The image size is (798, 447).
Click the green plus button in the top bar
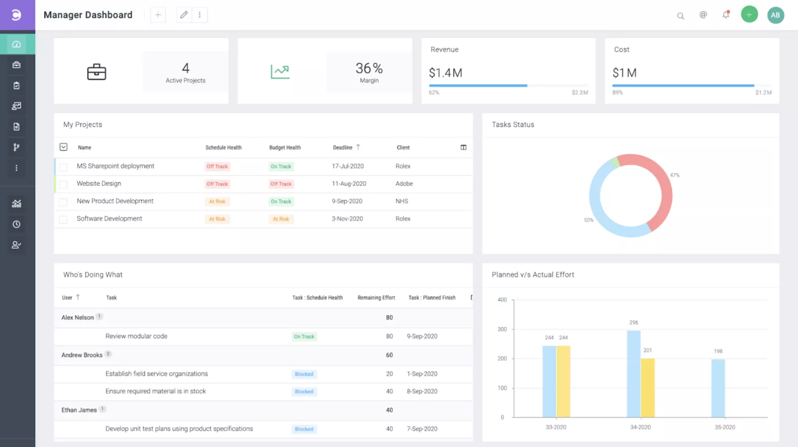tap(749, 15)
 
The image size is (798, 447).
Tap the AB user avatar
tap(775, 15)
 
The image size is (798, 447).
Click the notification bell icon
tap(726, 15)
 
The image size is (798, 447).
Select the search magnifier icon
tap(680, 16)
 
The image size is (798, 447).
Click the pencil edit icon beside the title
tap(184, 15)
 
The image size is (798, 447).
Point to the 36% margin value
tap(369, 68)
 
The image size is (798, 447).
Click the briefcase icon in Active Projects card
tap(97, 72)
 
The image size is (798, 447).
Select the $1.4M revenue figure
tap(445, 73)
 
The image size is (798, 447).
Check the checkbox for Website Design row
tap(63, 184)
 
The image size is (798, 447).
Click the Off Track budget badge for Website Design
tap(281, 184)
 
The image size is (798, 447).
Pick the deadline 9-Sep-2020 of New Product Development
tap(347, 201)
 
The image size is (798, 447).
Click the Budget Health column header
tap(285, 147)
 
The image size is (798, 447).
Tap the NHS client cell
tap(401, 201)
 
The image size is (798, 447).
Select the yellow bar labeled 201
tap(647, 387)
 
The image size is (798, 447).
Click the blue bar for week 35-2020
tap(718, 387)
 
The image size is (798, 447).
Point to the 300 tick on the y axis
tap(502, 329)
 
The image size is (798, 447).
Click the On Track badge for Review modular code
tap(304, 337)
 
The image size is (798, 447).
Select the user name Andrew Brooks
tap(82, 355)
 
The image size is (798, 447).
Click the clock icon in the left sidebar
tap(16, 224)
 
